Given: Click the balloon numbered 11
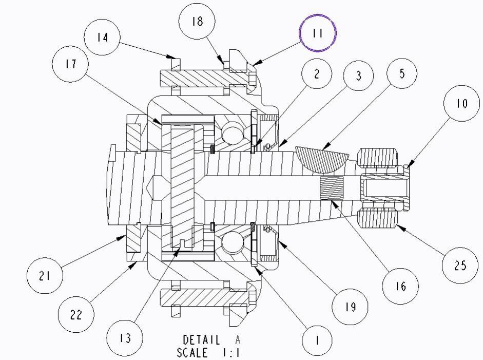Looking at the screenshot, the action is tap(318, 33).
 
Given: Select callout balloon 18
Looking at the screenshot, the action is tap(197, 22).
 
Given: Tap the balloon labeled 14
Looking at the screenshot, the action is tap(102, 37).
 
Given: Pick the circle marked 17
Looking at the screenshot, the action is tap(70, 64).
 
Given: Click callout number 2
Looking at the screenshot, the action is tap(317, 74).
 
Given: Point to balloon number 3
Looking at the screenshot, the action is tap(358, 75).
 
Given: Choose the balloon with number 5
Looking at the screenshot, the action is tap(402, 73).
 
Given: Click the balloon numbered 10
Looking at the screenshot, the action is tap(461, 103).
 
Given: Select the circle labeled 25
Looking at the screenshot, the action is tap(460, 265).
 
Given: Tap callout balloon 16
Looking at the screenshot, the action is tap(400, 286).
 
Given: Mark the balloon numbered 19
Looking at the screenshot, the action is tap(350, 307).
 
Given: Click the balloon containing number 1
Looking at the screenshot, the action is tap(317, 340).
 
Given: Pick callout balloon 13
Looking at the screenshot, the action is tap(124, 338).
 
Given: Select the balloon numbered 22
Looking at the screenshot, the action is tap(76, 314).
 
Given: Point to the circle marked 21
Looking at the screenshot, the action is tap(44, 275).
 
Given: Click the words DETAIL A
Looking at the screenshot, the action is tap(211, 340).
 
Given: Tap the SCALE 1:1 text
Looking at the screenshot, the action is tap(208, 352).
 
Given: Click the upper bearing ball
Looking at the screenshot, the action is tap(233, 132).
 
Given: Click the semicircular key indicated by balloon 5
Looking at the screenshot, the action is tap(321, 159).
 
